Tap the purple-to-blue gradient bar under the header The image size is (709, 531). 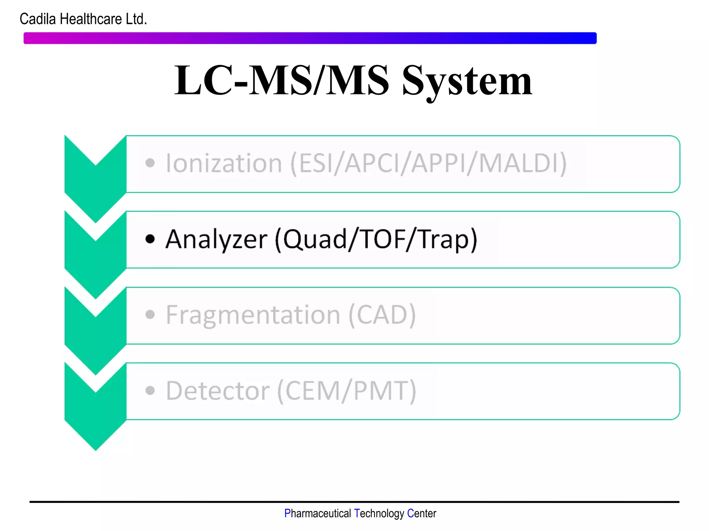tap(310, 38)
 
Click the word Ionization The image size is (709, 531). tap(224, 163)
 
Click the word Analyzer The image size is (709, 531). tap(216, 239)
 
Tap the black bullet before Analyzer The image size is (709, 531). tap(150, 239)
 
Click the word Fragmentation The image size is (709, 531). tap(253, 315)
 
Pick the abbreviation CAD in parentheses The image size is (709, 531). tap(382, 315)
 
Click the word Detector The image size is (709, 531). tap(217, 391)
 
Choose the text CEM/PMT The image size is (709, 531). tap(347, 391)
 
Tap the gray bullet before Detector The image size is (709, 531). tap(150, 391)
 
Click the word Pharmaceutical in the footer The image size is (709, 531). tap(317, 513)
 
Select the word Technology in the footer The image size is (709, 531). tap(379, 513)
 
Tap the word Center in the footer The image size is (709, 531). tap(421, 513)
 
